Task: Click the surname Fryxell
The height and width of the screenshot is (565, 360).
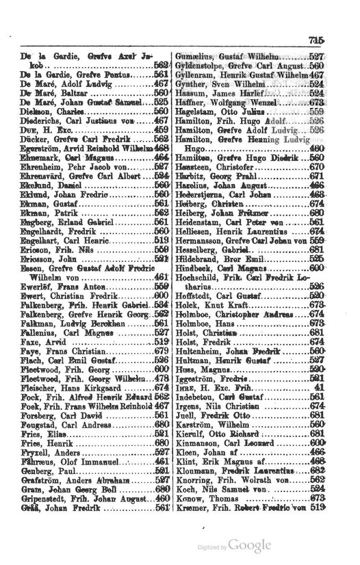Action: point(36,493)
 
